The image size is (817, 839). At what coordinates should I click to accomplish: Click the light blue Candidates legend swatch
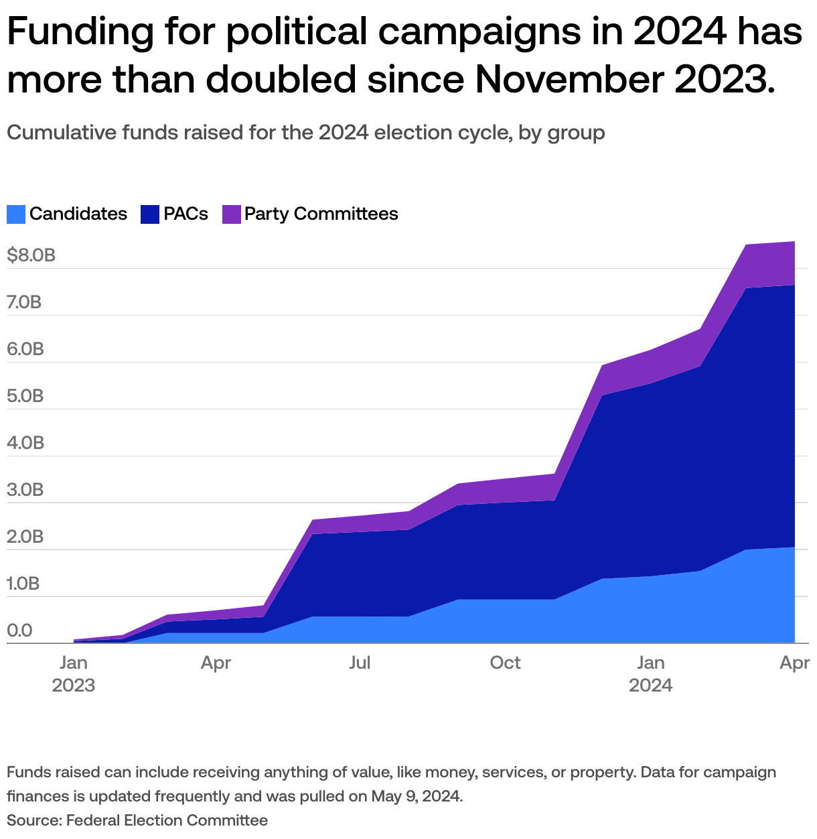click(x=16, y=214)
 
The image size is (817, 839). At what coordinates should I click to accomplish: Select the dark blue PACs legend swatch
click(x=150, y=214)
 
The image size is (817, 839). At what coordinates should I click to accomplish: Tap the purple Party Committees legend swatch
click(x=231, y=214)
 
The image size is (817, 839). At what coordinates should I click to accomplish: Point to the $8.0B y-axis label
click(x=31, y=255)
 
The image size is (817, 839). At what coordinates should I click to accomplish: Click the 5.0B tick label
click(x=25, y=396)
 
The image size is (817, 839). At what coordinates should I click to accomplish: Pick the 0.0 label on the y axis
click(x=19, y=631)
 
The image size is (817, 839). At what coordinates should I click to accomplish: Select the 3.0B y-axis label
click(x=25, y=490)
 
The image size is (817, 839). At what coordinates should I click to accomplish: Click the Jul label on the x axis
click(x=360, y=663)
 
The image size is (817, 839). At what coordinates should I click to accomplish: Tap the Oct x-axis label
click(x=505, y=663)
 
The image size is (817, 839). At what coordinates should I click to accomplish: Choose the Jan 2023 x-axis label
click(x=73, y=674)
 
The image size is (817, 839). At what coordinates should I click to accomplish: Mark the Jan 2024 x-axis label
click(x=650, y=674)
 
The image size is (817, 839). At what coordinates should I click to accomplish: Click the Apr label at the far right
click(x=795, y=663)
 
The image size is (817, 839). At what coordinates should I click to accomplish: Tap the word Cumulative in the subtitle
click(x=62, y=133)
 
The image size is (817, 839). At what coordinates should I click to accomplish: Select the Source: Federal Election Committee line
click(x=137, y=820)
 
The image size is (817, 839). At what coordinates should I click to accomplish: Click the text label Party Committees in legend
click(x=321, y=214)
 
